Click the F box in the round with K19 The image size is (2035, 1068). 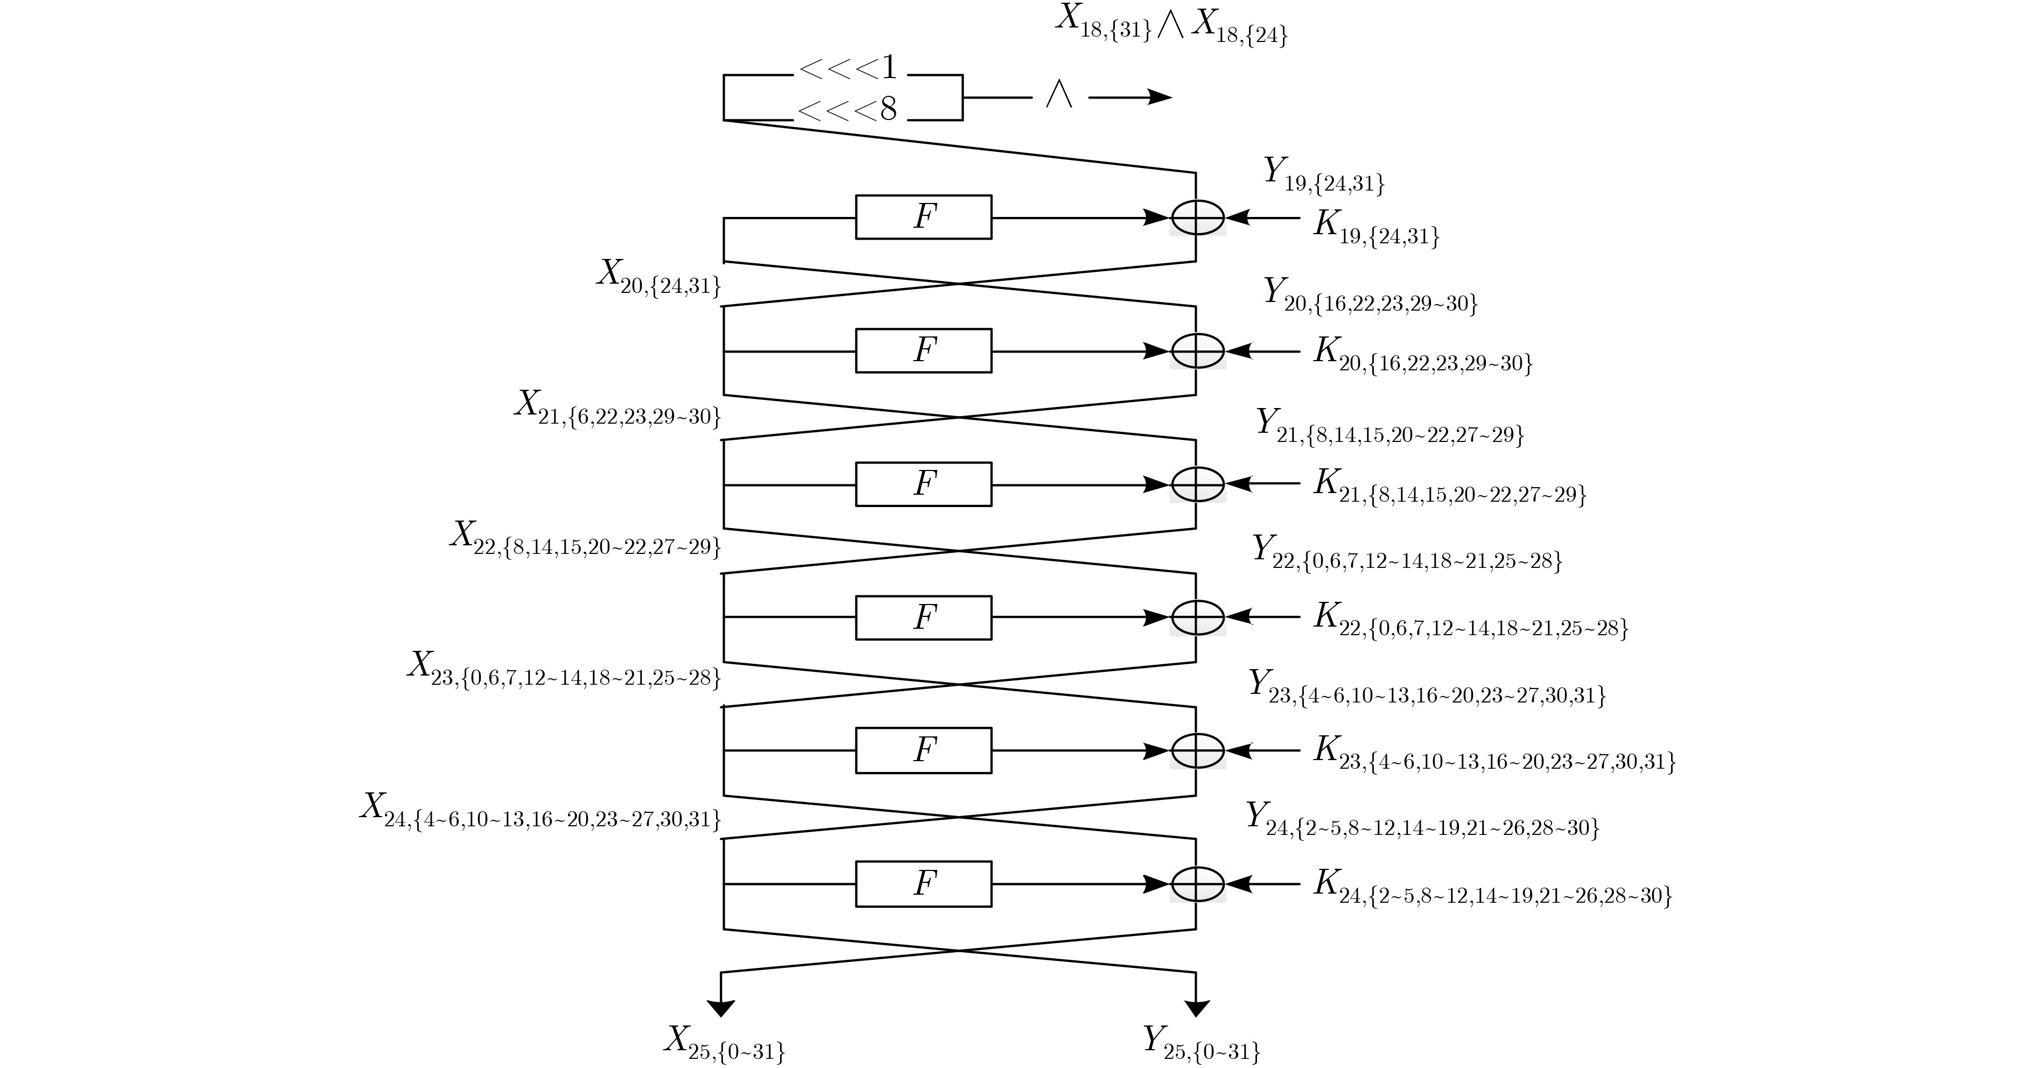pos(923,216)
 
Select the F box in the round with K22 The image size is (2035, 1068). pos(923,617)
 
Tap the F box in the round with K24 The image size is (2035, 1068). pos(923,883)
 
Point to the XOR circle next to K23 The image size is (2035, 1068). pos(1198,750)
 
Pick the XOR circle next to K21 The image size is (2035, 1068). pos(1198,483)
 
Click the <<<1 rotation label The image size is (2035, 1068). pos(848,69)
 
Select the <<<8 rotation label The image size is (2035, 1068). pos(848,110)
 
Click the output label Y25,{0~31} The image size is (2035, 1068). pos(1202,1044)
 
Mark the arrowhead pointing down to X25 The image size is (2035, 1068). pos(721,1009)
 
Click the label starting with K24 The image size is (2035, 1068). pos(1493,888)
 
